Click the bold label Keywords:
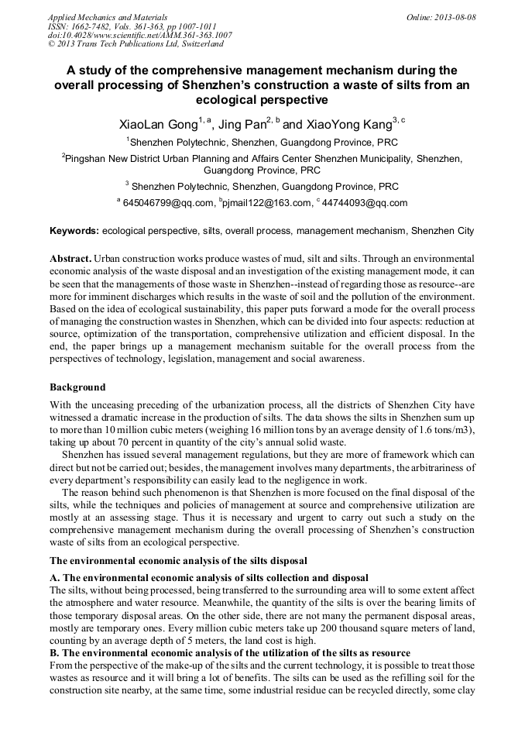coord(74,231)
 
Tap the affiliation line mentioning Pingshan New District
coord(262,158)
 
